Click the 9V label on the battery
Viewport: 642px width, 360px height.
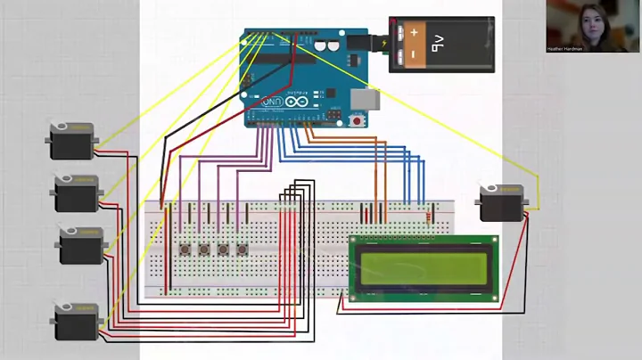click(x=439, y=41)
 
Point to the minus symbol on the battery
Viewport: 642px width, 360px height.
click(x=413, y=56)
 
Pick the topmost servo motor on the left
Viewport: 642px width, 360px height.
click(x=71, y=141)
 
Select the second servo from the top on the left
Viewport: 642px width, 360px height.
click(x=77, y=192)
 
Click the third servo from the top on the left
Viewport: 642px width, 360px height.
click(x=81, y=244)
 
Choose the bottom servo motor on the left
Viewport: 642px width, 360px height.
click(x=76, y=320)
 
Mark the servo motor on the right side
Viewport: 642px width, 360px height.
click(x=502, y=202)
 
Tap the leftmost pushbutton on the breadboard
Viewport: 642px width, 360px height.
click(x=185, y=250)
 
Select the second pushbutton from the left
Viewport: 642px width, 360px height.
click(x=204, y=250)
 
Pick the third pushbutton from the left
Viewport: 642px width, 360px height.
click(x=223, y=250)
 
